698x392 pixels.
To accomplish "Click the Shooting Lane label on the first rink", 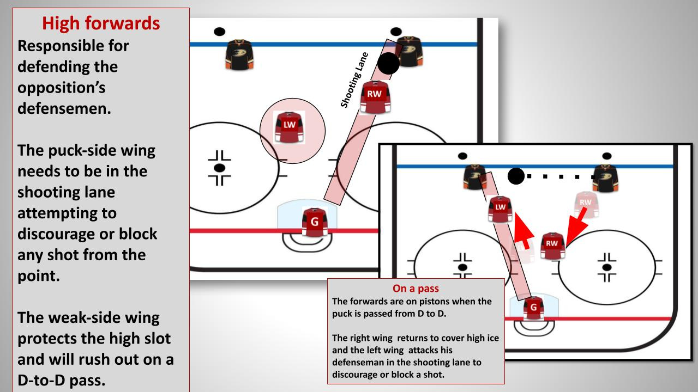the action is click(355, 79).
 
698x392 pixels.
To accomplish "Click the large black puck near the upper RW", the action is click(388, 64).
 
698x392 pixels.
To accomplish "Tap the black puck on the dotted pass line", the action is click(516, 176).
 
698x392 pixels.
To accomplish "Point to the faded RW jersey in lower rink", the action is click(585, 205).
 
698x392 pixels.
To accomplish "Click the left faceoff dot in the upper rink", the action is click(220, 167).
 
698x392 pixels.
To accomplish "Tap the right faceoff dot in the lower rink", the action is click(606, 267).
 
